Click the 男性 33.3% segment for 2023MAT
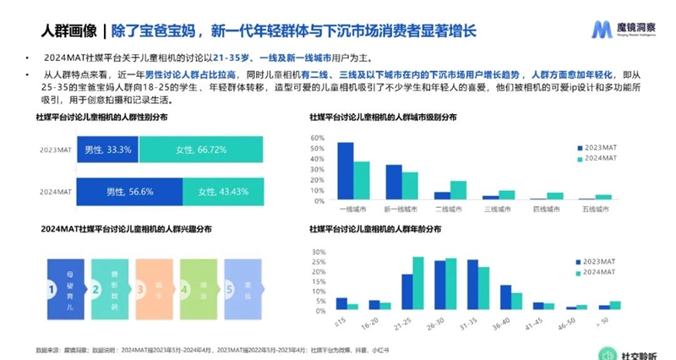pos(106,150)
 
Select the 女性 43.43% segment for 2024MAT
pos(223,191)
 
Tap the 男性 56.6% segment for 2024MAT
pos(129,191)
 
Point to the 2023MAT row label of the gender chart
pos(54,150)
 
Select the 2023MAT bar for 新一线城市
pos(394,182)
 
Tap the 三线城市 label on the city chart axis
pos(499,208)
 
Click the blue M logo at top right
pos(601,30)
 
